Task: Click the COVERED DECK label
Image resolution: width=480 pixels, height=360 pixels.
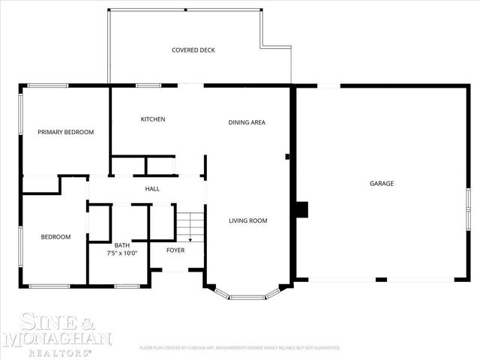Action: tap(193, 50)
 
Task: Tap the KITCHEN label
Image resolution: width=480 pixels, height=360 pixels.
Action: tap(153, 119)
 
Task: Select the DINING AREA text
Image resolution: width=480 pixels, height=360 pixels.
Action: tap(247, 122)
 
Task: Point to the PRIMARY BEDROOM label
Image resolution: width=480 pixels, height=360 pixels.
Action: tap(66, 132)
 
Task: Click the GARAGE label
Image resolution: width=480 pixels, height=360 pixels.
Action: tap(381, 183)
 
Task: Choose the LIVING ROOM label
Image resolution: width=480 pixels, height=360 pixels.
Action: tap(247, 220)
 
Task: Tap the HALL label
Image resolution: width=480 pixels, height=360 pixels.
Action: tap(151, 189)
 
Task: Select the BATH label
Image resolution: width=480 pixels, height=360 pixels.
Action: tap(122, 245)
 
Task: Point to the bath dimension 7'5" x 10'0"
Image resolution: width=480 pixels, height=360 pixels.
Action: tap(122, 253)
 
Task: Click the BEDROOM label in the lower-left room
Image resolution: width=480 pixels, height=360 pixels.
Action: tap(55, 237)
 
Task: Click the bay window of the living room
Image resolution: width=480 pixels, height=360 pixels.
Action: tap(241, 296)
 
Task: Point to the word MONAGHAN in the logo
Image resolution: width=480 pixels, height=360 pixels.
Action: tap(58, 339)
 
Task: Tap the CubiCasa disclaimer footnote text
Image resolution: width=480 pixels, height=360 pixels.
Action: tap(240, 348)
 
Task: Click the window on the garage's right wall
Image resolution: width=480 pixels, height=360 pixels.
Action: tap(468, 203)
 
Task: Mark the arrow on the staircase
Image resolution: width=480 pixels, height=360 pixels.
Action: tap(190, 238)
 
